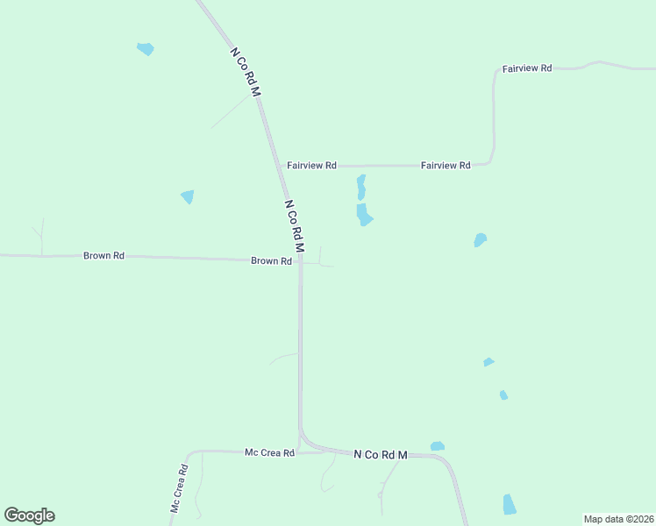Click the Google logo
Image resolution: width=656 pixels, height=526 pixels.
pos(29,515)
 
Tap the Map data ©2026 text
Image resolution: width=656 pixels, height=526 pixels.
pos(618,519)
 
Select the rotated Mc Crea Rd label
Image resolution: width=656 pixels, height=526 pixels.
pos(179,487)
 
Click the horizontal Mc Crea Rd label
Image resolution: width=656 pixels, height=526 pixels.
pos(269,452)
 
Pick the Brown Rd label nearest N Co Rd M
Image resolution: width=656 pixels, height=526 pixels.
pos(271,261)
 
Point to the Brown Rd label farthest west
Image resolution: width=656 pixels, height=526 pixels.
pos(103,256)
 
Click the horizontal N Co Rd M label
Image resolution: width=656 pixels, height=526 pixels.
pos(381,455)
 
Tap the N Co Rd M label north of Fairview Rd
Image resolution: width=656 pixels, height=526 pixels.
pos(246,72)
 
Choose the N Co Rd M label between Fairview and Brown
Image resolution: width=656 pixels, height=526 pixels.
pos(294,227)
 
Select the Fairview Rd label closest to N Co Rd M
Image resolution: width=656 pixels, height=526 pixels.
pos(311,165)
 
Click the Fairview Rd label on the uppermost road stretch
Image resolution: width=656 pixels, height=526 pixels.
pos(526,68)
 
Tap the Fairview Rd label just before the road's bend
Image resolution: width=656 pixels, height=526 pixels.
pos(446,165)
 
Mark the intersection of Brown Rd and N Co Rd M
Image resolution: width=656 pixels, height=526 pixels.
pos(300,260)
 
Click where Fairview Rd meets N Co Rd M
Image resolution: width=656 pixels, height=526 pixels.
pos(282,165)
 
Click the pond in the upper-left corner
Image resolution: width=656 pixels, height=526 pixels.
pos(146,49)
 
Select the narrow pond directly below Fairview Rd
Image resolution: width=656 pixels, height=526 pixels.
pos(360,187)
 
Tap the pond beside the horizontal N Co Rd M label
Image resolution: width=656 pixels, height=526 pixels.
pos(437,446)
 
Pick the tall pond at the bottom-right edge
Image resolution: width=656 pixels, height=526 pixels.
pos(510,504)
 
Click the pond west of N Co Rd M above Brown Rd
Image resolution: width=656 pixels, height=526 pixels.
pos(188,197)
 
